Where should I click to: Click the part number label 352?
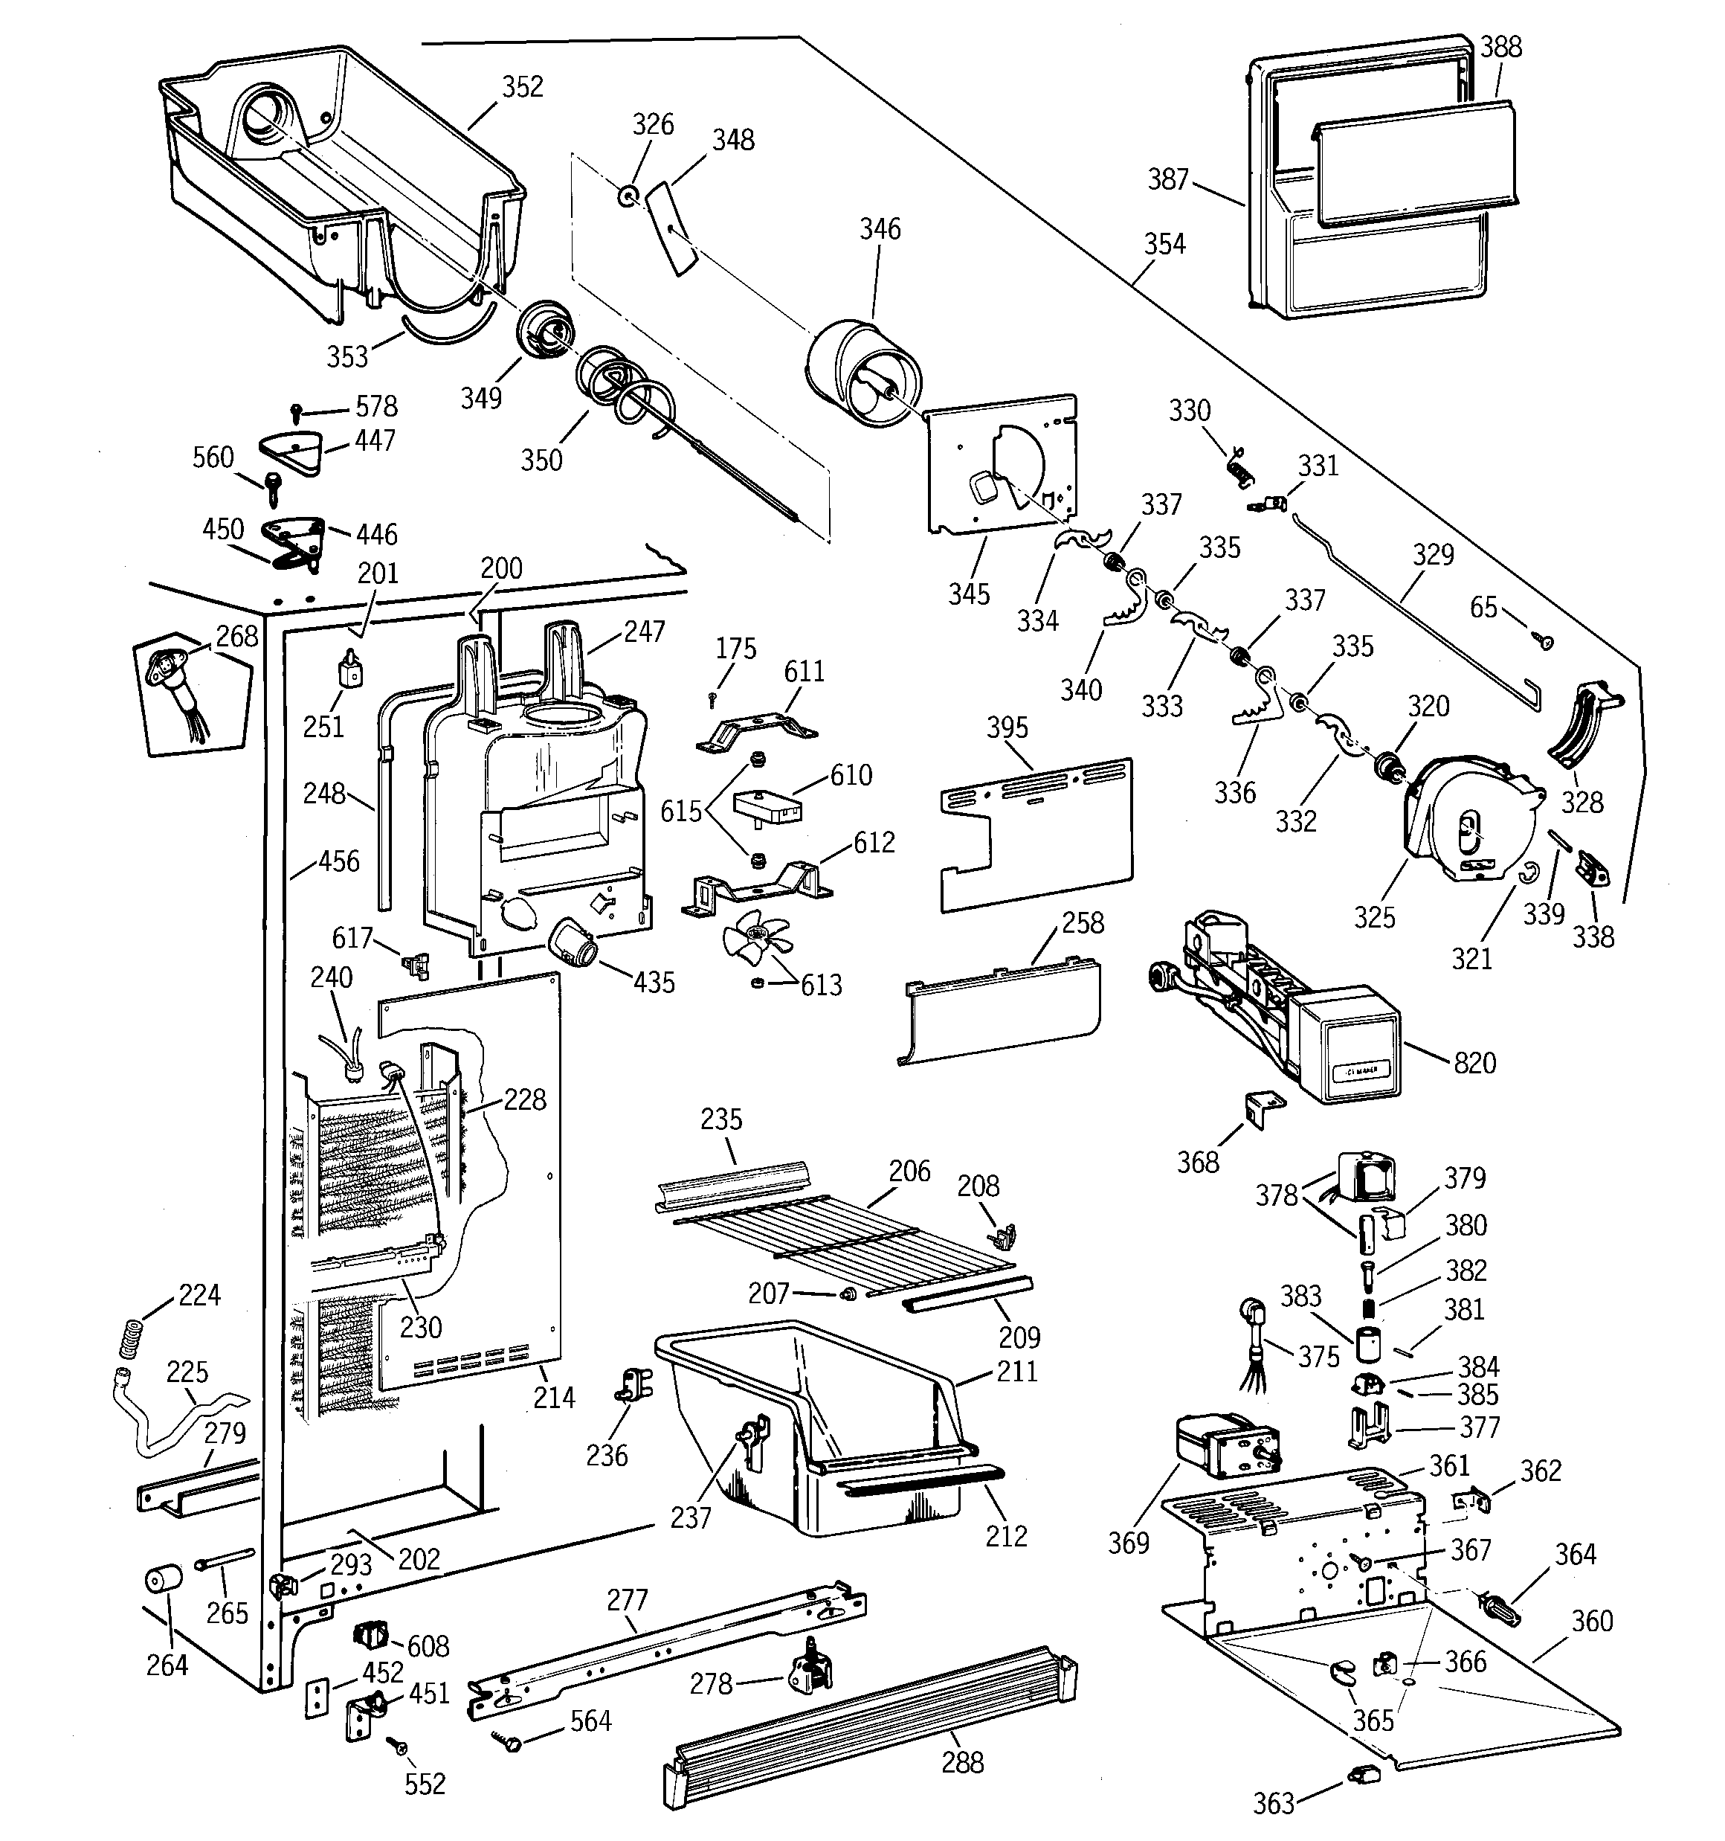point(522,87)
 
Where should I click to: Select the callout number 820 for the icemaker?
point(1475,1063)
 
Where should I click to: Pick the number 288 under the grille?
point(962,1762)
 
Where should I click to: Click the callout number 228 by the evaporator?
point(525,1100)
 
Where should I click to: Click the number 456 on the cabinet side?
point(338,861)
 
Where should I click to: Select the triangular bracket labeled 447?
point(288,452)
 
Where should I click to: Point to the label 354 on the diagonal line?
point(1164,245)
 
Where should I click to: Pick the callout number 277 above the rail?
point(627,1599)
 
